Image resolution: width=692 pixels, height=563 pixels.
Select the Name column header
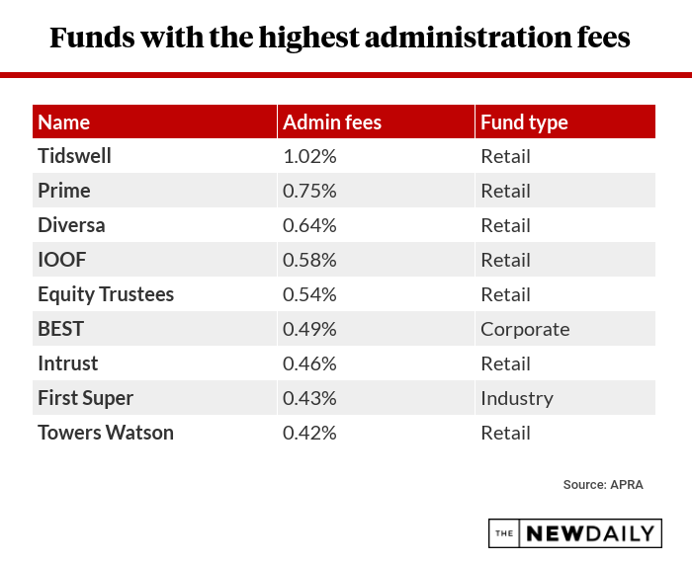tap(64, 122)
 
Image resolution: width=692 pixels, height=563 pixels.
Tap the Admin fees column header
tap(332, 122)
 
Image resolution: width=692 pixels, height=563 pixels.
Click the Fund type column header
tap(524, 122)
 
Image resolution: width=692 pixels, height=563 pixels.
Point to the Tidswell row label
tap(75, 156)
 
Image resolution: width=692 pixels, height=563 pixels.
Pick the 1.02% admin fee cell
tap(309, 156)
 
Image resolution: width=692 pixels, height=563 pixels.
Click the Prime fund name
tap(64, 191)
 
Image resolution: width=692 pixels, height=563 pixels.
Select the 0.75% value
tap(309, 191)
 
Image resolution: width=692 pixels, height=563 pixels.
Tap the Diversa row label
tap(71, 225)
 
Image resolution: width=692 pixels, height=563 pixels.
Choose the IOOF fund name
tap(60, 260)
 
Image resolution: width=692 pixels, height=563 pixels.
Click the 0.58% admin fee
tap(309, 260)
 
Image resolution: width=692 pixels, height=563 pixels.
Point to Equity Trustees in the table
tap(106, 294)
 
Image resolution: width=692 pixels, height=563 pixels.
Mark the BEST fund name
tap(60, 329)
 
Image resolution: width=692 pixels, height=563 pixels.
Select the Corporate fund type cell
tap(525, 329)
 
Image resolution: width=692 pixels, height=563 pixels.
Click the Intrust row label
tap(68, 363)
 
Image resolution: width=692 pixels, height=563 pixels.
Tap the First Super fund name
tap(86, 398)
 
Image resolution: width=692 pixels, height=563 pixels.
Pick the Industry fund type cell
tap(517, 398)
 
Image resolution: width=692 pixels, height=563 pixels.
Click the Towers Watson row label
tap(106, 433)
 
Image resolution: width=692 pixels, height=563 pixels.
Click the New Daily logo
tap(574, 533)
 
